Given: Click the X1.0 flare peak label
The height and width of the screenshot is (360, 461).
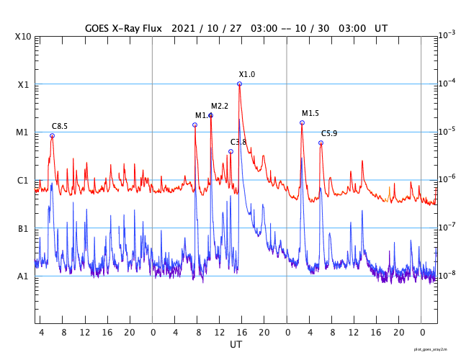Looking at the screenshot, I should [x=247, y=75].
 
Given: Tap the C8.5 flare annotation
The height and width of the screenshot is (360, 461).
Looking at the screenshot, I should [x=59, y=127].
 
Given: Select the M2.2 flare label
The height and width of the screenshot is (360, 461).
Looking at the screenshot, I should [x=220, y=107].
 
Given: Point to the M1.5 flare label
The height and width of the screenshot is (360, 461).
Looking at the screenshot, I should [x=310, y=114].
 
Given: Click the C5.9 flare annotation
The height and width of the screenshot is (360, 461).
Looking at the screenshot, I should [x=329, y=134].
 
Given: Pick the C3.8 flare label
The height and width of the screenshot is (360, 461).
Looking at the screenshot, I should [x=238, y=143].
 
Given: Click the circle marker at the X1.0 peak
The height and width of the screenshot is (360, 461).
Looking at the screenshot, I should [x=239, y=84].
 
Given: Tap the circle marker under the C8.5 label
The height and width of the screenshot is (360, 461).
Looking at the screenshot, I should [x=52, y=135].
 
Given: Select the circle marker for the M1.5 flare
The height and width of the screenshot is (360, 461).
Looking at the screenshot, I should [x=302, y=122].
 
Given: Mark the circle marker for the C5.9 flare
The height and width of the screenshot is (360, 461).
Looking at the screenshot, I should [x=321, y=143].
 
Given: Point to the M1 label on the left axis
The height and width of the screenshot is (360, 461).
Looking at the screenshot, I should [x=23, y=132].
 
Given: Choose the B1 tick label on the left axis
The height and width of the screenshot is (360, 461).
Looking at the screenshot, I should [x=23, y=229].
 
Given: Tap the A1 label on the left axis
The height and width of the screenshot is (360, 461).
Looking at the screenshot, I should [x=23, y=276].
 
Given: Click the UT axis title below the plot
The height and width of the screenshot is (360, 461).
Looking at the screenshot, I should [x=236, y=345].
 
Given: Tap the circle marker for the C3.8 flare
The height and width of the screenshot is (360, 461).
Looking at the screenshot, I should [x=230, y=151].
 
